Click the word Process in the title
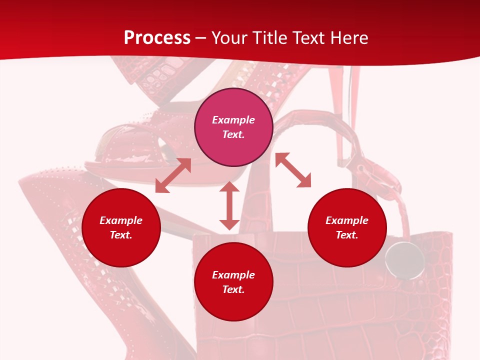pos(157,38)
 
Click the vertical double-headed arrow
pos(229,205)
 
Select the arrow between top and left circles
pos(173,175)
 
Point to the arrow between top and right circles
pos(293,170)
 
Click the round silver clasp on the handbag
pos(404,260)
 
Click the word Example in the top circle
pos(233,120)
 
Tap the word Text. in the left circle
pos(121,235)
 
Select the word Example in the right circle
pos(347,220)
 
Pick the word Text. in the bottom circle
pos(233,289)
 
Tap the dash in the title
pos(201,38)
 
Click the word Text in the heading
pos(308,38)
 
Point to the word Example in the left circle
pos(121,220)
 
